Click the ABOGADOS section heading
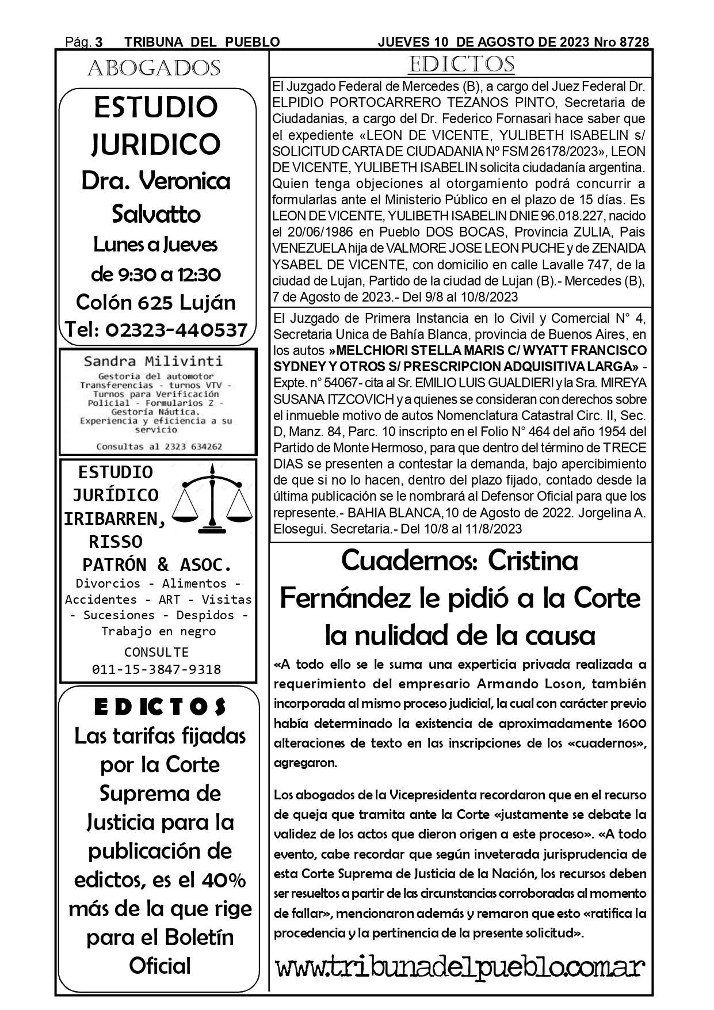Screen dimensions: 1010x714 (x=154, y=68)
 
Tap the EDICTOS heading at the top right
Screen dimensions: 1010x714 (x=461, y=64)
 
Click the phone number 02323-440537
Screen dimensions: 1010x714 (x=177, y=330)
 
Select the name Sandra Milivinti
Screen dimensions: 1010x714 (x=153, y=361)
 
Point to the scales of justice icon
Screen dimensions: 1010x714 (x=213, y=499)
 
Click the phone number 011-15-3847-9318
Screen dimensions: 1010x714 (x=156, y=669)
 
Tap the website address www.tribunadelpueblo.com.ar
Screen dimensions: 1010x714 (x=460, y=966)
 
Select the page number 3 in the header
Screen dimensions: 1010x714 (x=99, y=42)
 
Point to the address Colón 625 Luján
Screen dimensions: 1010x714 (x=156, y=302)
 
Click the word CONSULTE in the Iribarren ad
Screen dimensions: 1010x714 (x=156, y=652)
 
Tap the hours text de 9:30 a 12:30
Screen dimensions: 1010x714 (x=156, y=274)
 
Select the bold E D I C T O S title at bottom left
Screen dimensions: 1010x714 (x=160, y=707)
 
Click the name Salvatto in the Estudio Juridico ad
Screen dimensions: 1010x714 (x=156, y=214)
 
